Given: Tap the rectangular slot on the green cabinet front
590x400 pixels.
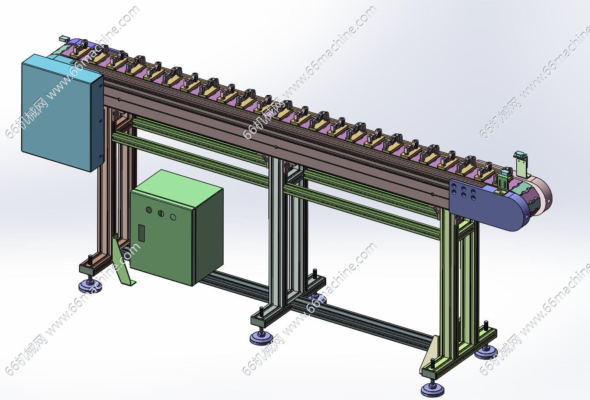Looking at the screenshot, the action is pyautogui.click(x=142, y=233).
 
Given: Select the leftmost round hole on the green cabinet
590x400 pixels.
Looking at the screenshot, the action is pyautogui.click(x=149, y=210).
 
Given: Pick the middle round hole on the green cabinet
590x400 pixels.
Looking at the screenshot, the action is pyautogui.click(x=161, y=213).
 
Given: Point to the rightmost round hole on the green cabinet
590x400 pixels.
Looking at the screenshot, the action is pyautogui.click(x=173, y=217).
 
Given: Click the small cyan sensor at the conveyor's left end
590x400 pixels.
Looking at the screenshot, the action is pyautogui.click(x=63, y=39).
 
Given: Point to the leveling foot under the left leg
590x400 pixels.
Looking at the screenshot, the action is pyautogui.click(x=90, y=286).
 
